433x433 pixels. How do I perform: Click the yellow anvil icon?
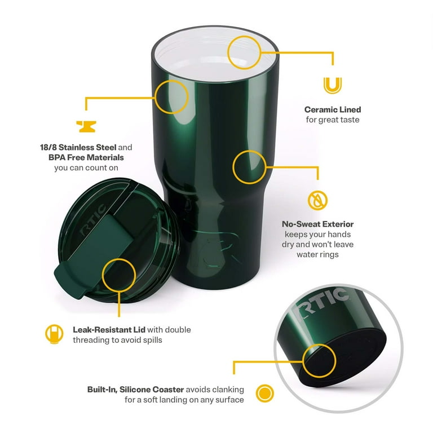click(86, 126)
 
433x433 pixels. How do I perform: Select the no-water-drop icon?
click(317, 200)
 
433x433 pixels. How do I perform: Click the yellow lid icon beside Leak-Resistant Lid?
click(54, 334)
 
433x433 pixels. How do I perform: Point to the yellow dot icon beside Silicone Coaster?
click(265, 393)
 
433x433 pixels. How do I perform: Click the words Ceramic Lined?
click(333, 109)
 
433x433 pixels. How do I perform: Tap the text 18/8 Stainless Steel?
click(78, 147)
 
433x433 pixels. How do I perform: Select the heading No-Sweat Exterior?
click(317, 224)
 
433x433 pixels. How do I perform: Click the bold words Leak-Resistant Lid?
click(109, 330)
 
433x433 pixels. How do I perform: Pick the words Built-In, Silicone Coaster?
click(135, 390)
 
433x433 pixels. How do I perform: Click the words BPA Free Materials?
click(86, 157)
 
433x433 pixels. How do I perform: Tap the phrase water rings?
click(317, 254)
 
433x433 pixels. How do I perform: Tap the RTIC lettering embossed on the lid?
click(93, 220)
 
